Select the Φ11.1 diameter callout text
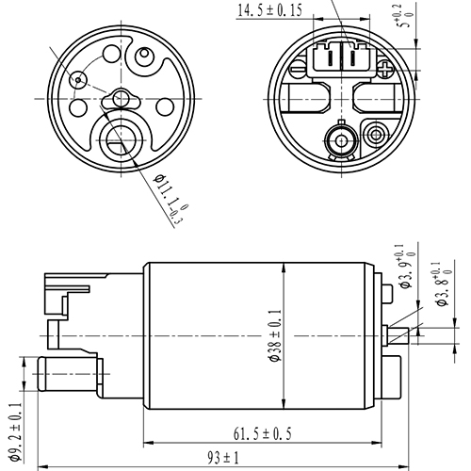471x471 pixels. tap(163, 199)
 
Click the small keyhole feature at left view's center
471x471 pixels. tap(121, 97)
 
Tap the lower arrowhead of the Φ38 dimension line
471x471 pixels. tap(284, 412)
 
